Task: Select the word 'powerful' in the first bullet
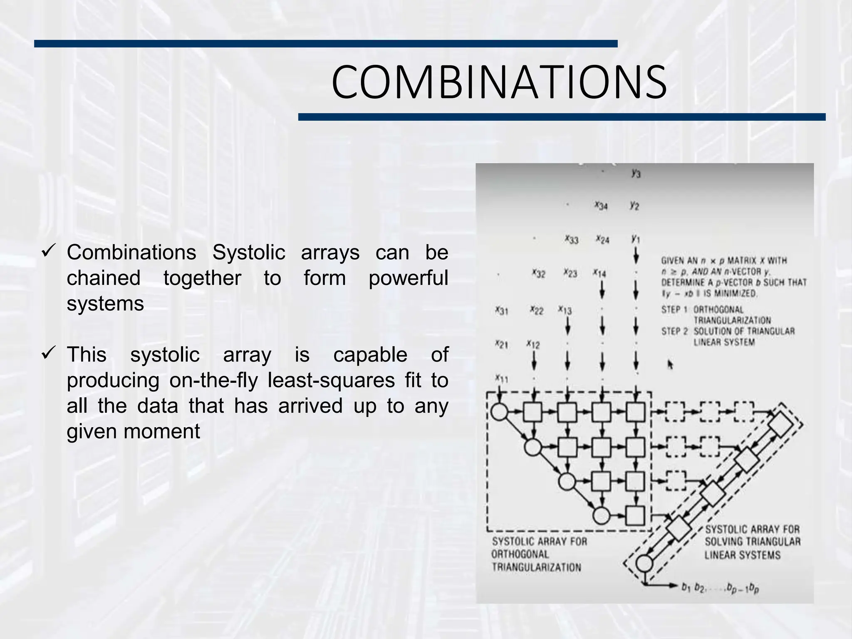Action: [408, 278]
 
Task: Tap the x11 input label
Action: [501, 379]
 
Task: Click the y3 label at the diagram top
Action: [636, 173]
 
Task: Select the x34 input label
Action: [601, 205]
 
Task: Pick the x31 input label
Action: [501, 310]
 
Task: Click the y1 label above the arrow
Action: [635, 239]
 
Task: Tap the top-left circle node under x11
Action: [500, 412]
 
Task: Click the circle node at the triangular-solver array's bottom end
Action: [644, 564]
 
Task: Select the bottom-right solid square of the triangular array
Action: [635, 516]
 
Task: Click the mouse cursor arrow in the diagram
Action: [670, 364]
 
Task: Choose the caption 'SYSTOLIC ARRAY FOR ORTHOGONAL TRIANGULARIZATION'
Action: [539, 554]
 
